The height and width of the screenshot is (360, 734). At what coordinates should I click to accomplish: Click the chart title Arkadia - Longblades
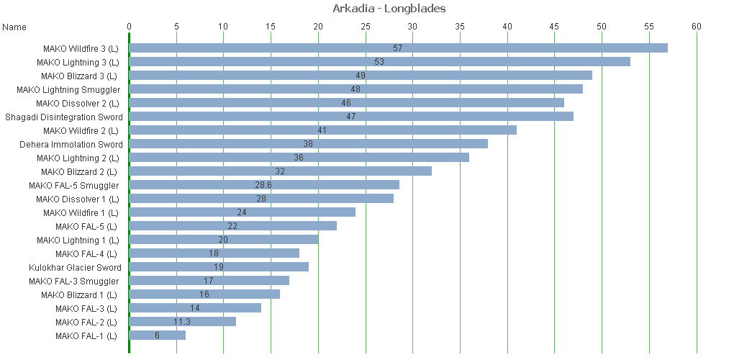tap(389, 9)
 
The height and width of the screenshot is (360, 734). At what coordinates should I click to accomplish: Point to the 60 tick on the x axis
tap(696, 27)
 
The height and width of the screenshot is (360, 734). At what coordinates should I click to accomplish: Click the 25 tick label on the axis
tap(366, 27)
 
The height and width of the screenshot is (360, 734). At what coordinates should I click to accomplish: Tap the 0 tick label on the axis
tap(129, 27)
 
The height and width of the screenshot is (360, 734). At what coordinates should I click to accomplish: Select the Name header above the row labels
tap(14, 27)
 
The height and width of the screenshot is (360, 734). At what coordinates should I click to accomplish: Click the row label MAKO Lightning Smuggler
tap(68, 89)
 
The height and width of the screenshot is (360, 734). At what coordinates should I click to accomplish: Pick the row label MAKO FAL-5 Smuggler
tap(74, 185)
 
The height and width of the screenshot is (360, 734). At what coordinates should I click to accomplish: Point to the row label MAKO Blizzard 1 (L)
tap(79, 294)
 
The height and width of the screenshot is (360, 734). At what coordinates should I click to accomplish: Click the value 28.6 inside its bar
tap(263, 185)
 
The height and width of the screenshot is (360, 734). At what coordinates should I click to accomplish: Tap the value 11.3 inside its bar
tap(182, 322)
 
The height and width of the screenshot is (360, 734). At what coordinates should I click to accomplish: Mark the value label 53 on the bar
tap(379, 62)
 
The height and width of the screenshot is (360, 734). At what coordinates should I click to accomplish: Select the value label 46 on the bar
tap(346, 103)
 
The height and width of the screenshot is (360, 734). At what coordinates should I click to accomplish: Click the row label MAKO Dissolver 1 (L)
tap(77, 199)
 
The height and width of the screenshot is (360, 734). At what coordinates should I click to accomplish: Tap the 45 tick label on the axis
tap(554, 27)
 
